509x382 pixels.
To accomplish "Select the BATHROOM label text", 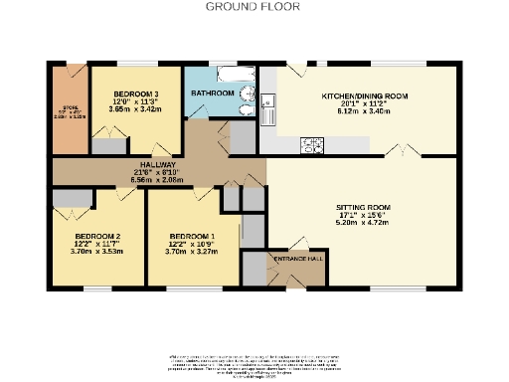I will [212, 93].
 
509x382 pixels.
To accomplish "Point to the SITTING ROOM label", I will [361, 208].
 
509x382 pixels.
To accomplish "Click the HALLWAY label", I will [157, 164].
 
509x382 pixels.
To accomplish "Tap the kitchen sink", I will [269, 103].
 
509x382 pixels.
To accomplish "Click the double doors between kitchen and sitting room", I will [401, 152].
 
